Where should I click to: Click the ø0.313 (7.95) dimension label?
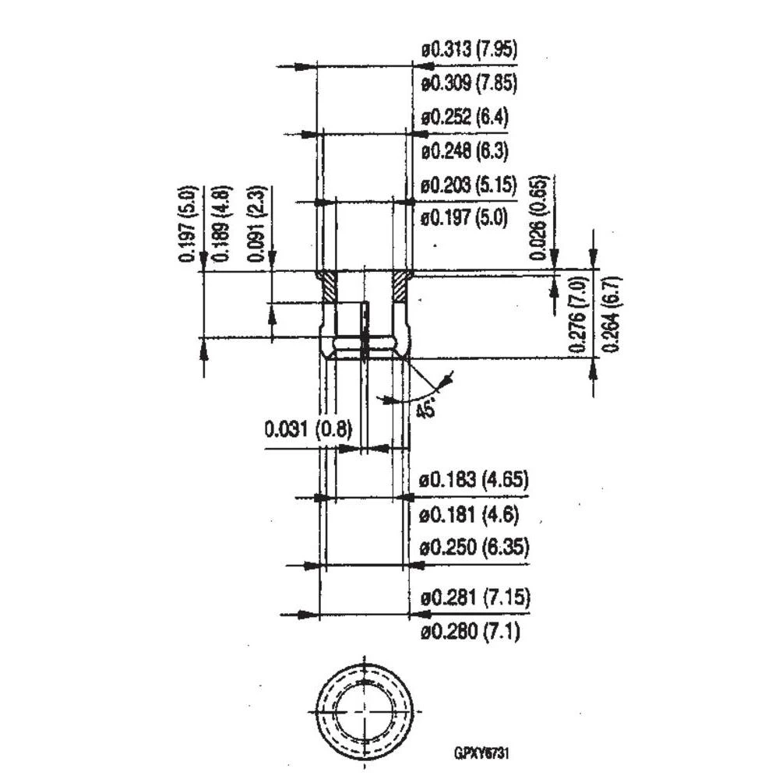469,51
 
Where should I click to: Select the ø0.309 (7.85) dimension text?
469,82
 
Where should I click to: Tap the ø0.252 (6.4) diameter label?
464,118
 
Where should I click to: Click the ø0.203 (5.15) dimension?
469,185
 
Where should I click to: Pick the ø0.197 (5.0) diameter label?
464,217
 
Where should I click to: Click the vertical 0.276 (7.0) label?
578,312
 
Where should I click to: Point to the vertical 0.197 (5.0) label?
186,224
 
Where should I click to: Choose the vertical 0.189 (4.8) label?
220,224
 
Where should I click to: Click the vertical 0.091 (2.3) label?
255,224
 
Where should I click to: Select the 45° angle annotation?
425,409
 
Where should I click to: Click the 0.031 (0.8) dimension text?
308,429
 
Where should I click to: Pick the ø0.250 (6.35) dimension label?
474,548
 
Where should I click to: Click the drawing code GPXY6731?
482,753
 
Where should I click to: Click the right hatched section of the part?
402,287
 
